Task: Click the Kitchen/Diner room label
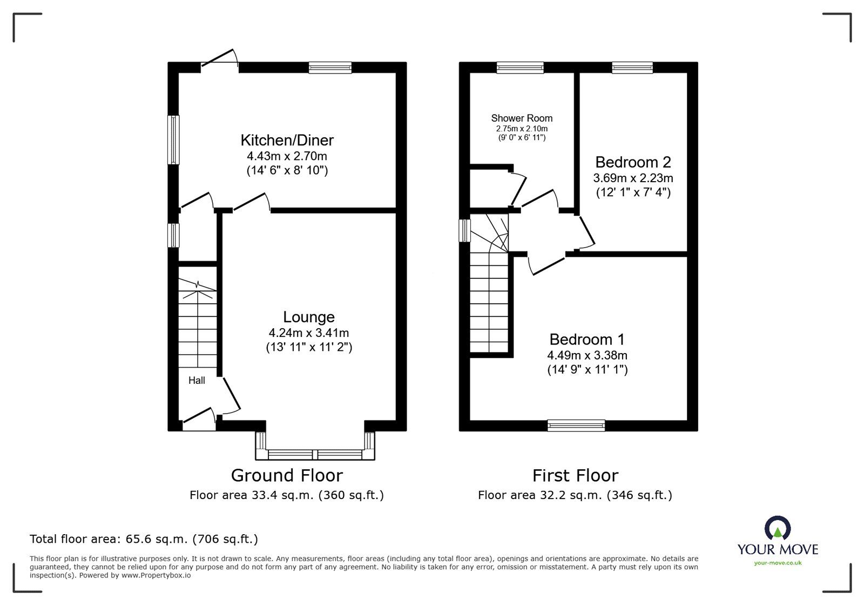[287, 140]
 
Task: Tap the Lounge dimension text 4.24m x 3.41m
[308, 333]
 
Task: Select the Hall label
[197, 381]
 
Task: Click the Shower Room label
[522, 118]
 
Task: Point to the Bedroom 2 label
[633, 162]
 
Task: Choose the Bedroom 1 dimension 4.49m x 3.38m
[587, 355]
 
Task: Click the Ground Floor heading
[287, 475]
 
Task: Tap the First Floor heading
[575, 475]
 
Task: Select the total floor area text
[144, 539]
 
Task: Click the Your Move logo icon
[778, 528]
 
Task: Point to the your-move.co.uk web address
[778, 563]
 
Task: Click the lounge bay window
[315, 454]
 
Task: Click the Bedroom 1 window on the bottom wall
[576, 426]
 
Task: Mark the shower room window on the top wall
[520, 68]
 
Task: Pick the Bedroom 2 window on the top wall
[632, 68]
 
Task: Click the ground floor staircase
[198, 324]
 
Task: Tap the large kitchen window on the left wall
[173, 139]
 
